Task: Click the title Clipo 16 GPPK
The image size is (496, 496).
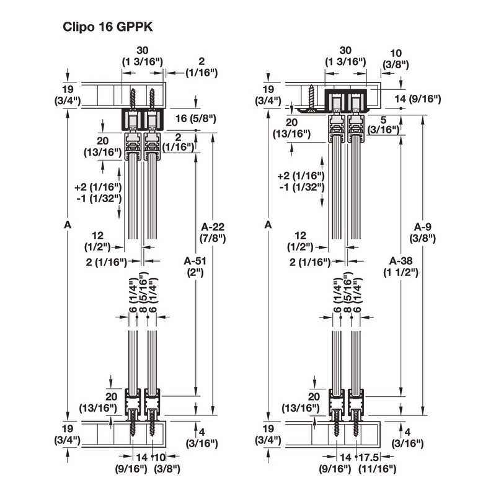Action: point(107,27)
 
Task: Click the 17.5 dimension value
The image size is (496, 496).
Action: point(369,458)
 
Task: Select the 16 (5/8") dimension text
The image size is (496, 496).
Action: point(196,118)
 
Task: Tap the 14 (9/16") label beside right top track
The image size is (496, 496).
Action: point(417,99)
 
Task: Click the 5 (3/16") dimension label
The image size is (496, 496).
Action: point(383,125)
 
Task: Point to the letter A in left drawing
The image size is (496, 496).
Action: point(68,225)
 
